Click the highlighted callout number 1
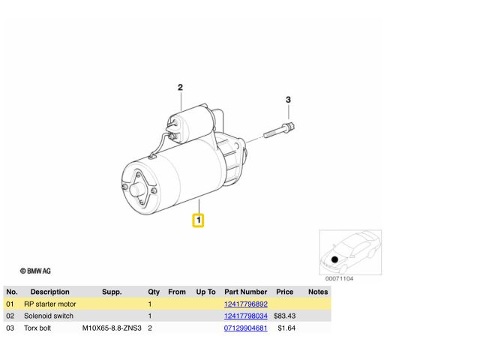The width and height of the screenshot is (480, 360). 198,220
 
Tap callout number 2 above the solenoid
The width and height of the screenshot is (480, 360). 180,88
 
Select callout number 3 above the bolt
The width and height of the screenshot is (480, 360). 288,100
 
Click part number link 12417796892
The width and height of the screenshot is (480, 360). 246,304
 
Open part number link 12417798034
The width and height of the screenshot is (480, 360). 246,316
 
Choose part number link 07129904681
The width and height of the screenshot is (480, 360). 246,328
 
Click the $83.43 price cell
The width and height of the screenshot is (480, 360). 285,316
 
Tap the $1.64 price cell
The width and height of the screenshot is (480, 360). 286,328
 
